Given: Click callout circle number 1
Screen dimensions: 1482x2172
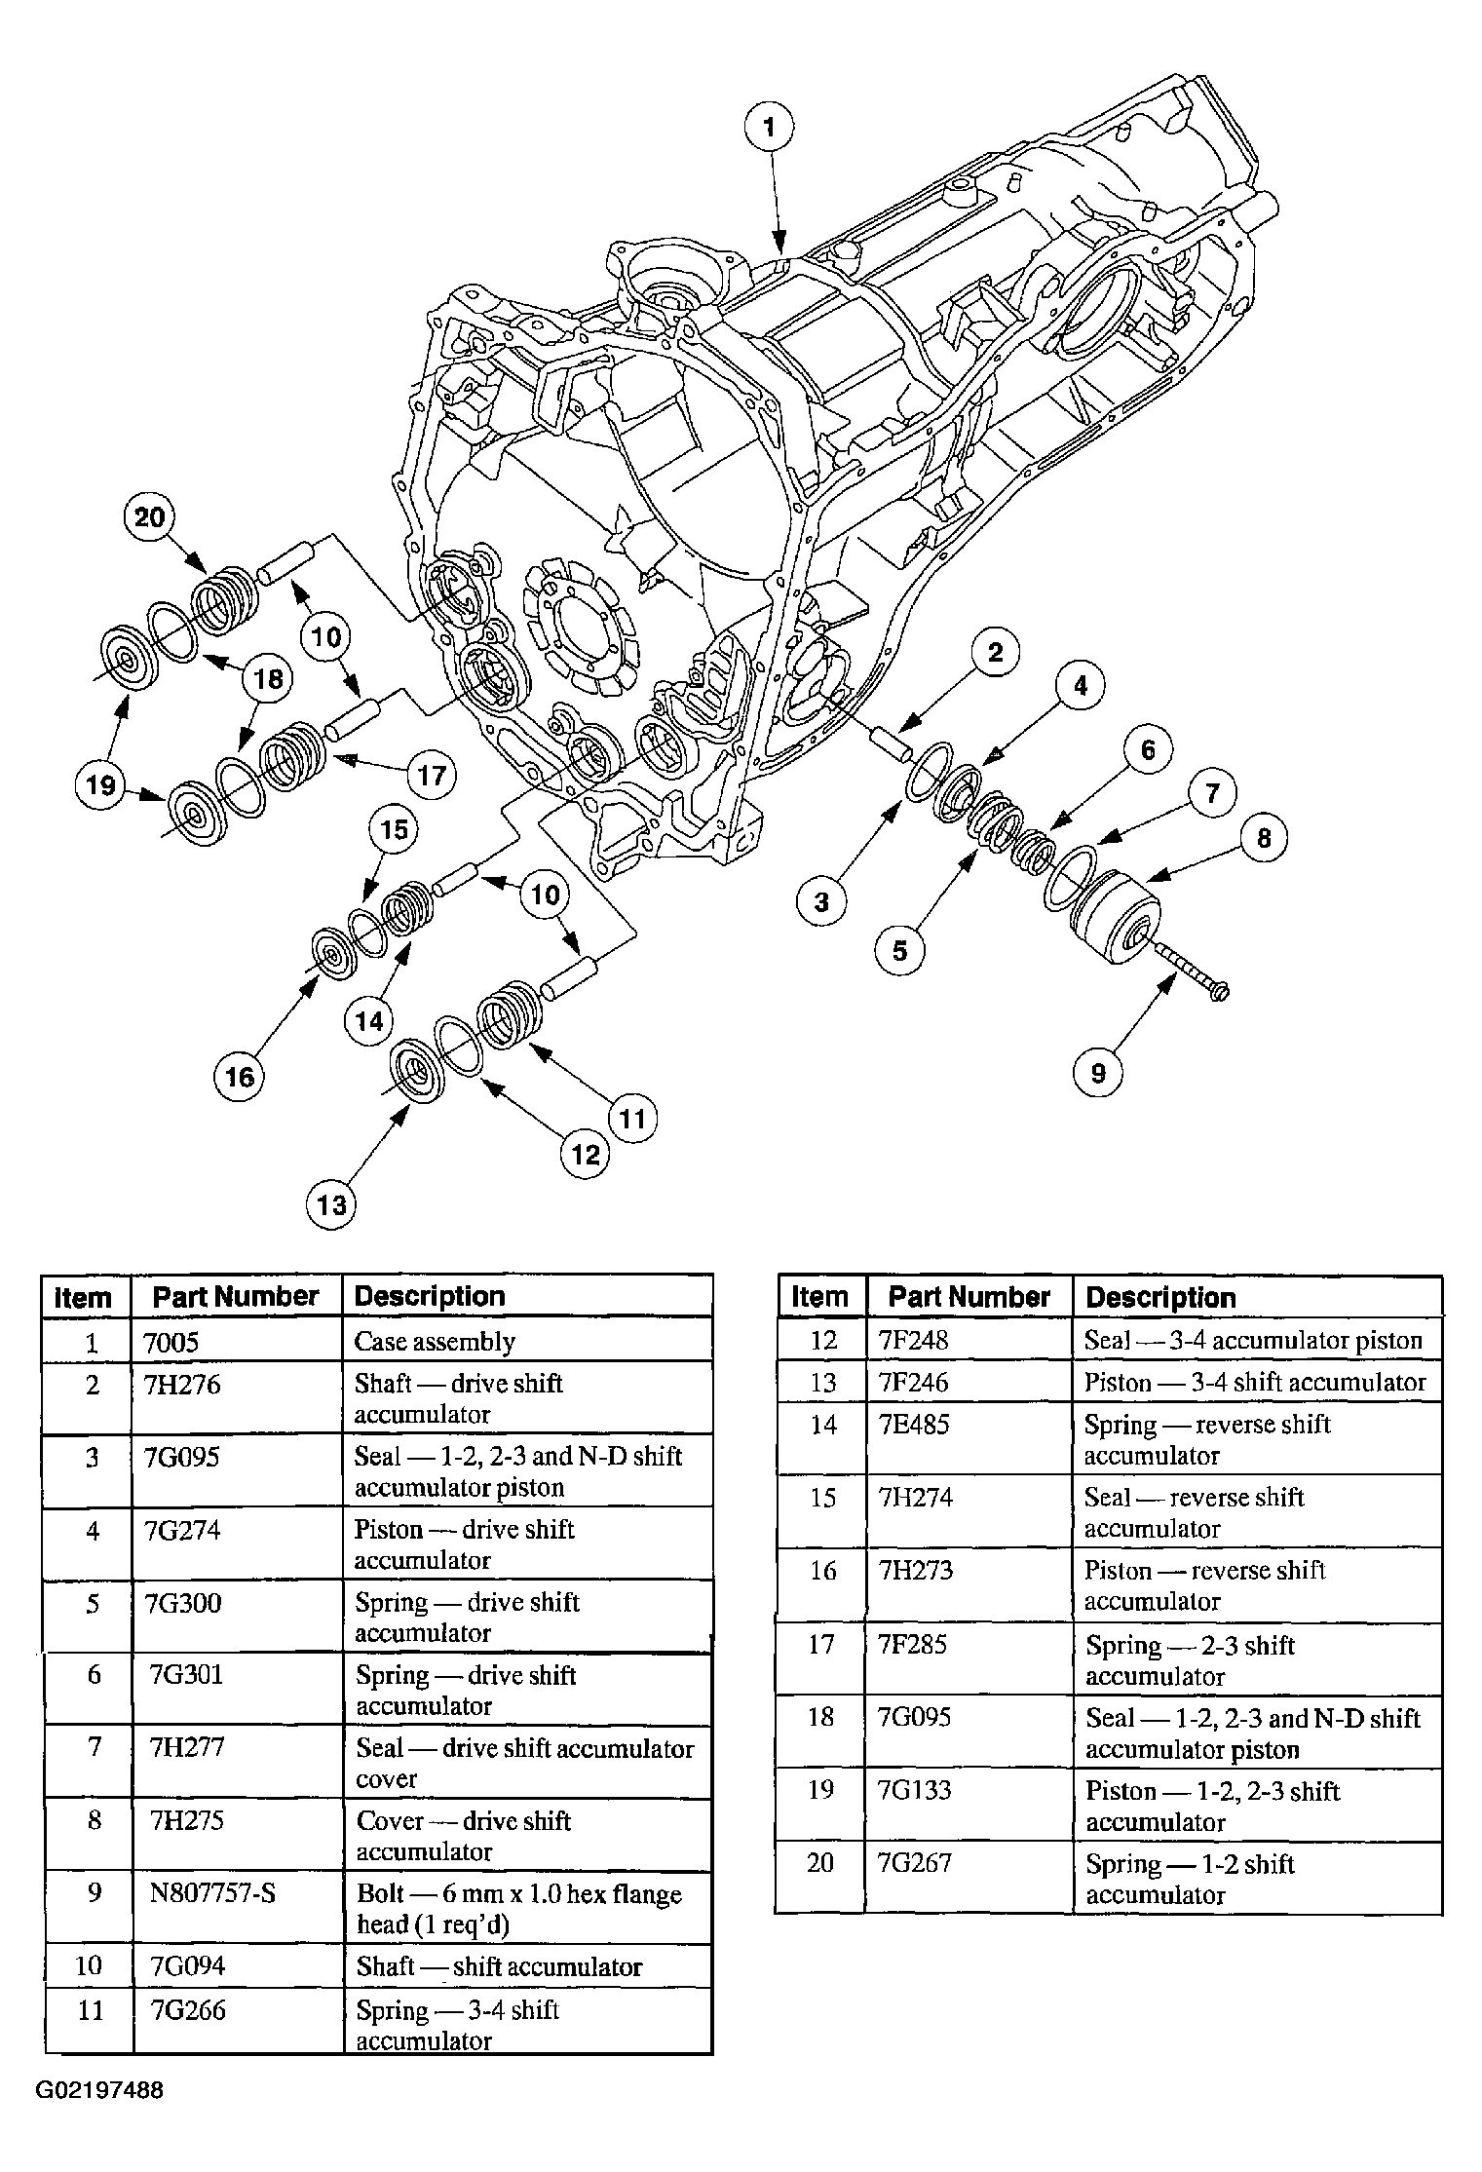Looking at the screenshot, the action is pos(770,127).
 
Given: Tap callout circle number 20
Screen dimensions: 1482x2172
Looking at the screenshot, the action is pos(149,516).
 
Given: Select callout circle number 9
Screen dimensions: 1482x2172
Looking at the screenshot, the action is pos(1098,1073).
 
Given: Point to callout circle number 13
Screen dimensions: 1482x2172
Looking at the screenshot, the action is pos(332,1205).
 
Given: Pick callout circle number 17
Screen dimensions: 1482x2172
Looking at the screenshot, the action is pos(432,776).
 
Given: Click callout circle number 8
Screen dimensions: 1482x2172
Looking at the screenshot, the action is pos(1264,838).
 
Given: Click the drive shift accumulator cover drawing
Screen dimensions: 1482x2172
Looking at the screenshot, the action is pos(1116,916).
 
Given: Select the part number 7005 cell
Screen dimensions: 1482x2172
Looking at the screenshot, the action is pos(237,1341).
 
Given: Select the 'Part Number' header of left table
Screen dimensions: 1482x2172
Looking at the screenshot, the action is pos(236,1297).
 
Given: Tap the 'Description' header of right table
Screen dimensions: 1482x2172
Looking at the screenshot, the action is pos(1160,1297).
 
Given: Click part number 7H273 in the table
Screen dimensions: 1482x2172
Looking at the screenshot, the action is pos(915,1570).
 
